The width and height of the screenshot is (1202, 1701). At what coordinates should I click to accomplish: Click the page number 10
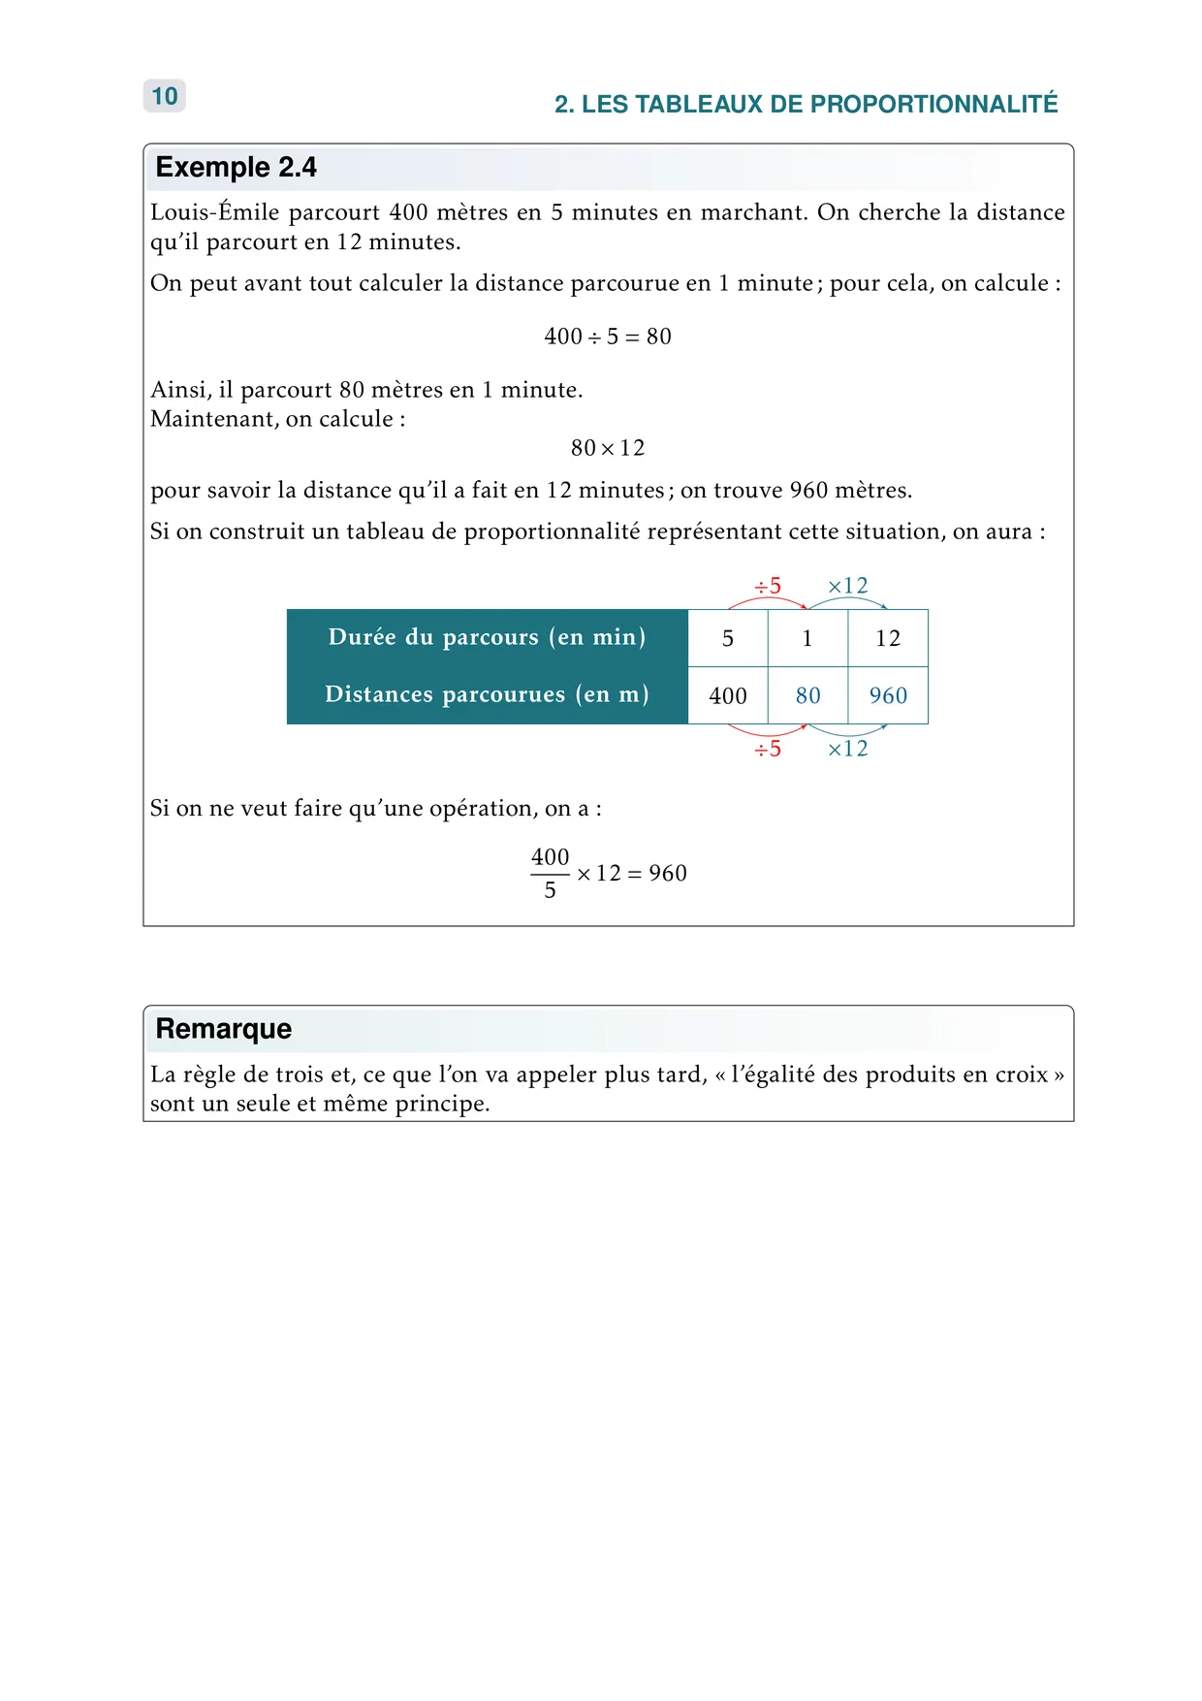[x=165, y=96]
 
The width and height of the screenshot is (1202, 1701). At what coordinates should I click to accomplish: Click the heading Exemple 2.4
[x=236, y=168]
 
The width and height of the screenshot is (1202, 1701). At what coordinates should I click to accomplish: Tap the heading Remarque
[x=223, y=1029]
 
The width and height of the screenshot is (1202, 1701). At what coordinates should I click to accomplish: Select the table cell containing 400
[x=727, y=695]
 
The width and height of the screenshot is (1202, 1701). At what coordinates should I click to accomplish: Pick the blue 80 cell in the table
[x=807, y=695]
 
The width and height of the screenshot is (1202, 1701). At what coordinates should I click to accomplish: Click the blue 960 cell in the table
[x=888, y=695]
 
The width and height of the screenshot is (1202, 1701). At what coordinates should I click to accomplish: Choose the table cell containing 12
[x=888, y=638]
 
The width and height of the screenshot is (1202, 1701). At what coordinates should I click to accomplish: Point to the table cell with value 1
[x=807, y=638]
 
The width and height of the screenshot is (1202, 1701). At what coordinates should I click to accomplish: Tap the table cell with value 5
[x=727, y=638]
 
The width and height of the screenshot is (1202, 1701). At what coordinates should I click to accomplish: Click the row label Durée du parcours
[x=487, y=637]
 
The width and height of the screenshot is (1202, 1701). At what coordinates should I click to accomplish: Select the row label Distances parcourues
[x=487, y=694]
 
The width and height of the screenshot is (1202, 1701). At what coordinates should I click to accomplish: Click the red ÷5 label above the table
[x=768, y=586]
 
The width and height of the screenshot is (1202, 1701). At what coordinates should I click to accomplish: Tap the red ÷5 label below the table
[x=768, y=749]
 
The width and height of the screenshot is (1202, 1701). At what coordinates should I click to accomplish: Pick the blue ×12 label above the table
[x=847, y=586]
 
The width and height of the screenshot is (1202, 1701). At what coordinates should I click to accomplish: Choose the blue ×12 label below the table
[x=847, y=749]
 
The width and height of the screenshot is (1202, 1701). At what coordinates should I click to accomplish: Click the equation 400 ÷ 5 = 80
[x=608, y=337]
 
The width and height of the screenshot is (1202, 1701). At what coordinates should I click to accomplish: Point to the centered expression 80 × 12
[x=608, y=448]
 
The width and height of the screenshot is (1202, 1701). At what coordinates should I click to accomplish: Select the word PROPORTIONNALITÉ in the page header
[x=933, y=104]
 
